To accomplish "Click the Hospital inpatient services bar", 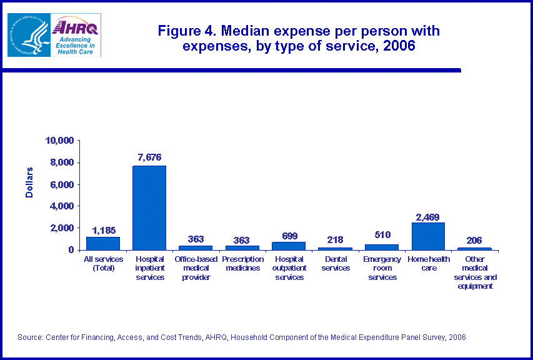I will [x=149, y=207].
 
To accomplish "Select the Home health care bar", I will [x=428, y=236].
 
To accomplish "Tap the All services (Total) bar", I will [x=102, y=243].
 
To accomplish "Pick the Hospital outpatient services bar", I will [x=289, y=246].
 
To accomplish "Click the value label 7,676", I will [x=149, y=157].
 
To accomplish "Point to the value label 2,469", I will [x=428, y=217].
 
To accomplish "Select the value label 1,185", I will [x=102, y=230].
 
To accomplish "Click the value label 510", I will [x=381, y=235].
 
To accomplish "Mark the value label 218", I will [x=335, y=240].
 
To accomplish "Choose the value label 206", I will [x=474, y=241].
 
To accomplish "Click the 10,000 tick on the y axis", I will [x=60, y=141].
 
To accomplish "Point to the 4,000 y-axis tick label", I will [x=62, y=206].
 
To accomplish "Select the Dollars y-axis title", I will [x=29, y=182].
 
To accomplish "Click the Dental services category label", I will [x=335, y=263].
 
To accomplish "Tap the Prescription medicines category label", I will [x=242, y=263].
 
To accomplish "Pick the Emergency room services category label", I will [x=381, y=268].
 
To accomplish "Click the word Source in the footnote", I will [x=30, y=337].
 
